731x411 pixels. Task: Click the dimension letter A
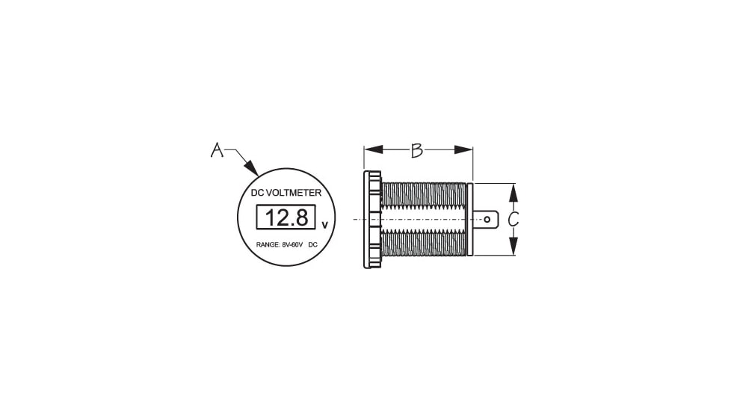[x=217, y=151]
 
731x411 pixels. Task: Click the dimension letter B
[x=417, y=150]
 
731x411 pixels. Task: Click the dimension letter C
[x=513, y=220]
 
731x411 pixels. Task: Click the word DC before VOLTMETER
[x=257, y=193]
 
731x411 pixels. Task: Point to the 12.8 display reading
[x=286, y=218]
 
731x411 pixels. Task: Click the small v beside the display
[x=324, y=224]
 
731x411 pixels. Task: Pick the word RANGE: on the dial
[x=268, y=245]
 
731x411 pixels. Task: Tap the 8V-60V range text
[x=292, y=245]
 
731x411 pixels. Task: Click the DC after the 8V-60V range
[x=312, y=245]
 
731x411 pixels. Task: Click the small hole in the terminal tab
[x=487, y=220]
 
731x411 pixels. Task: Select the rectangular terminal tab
[x=484, y=220]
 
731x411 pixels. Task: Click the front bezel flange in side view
[x=371, y=220]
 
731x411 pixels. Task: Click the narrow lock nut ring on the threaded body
[x=469, y=220]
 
